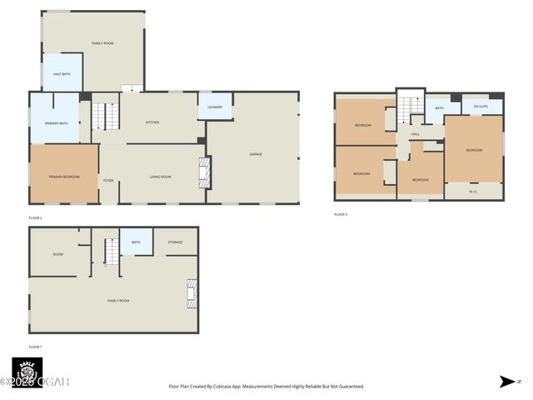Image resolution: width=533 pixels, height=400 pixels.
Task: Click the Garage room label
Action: tap(256, 154)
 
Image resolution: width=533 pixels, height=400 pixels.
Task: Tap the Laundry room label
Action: tap(215, 107)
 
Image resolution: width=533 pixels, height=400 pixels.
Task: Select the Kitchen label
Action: tap(152, 122)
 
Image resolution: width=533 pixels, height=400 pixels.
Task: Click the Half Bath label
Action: tap(62, 74)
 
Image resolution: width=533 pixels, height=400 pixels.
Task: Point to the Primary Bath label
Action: tap(56, 122)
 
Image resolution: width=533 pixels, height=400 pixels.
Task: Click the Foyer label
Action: tap(108, 180)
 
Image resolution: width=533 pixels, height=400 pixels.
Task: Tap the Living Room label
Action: tap(160, 177)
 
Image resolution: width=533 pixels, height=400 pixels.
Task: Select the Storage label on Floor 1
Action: tap(175, 242)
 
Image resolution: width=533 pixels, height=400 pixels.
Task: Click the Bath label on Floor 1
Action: tap(136, 242)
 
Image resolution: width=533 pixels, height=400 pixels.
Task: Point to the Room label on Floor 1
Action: tap(58, 254)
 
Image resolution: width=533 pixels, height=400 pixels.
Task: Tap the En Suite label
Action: tap(481, 107)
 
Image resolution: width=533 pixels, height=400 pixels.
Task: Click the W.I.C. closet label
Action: tap(473, 192)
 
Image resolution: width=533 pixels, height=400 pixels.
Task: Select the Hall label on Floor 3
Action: tap(415, 133)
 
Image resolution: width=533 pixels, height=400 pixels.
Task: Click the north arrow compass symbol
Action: tap(507, 382)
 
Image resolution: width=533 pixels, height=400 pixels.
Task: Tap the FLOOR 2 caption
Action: tap(35, 217)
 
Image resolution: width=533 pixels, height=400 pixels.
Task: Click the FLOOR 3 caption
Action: tap(341, 214)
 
